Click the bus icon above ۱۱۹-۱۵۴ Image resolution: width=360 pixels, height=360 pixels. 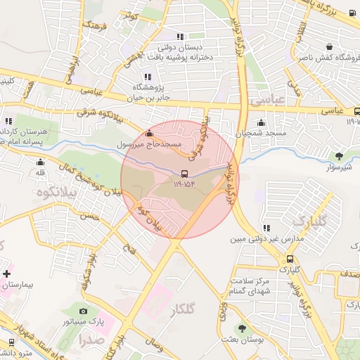pyautogui.click(x=184, y=173)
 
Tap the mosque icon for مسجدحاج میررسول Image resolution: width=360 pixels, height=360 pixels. pyautogui.click(x=148, y=134)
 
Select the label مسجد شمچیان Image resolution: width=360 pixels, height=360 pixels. pyautogui.click(x=261, y=133)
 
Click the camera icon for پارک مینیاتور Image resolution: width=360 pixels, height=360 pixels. pyautogui.click(x=84, y=311)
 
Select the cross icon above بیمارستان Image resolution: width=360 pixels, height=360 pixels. pyautogui.click(x=6, y=273)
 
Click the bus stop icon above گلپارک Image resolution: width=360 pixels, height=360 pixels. pyautogui.click(x=289, y=258)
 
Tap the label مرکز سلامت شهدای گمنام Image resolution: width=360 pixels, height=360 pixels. pyautogui.click(x=250, y=286)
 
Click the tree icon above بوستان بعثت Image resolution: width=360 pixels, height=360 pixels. pyautogui.click(x=242, y=328)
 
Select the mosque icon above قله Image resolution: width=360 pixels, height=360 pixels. pyautogui.click(x=36, y=161)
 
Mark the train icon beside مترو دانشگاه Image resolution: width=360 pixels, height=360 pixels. pyautogui.click(x=11, y=341)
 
